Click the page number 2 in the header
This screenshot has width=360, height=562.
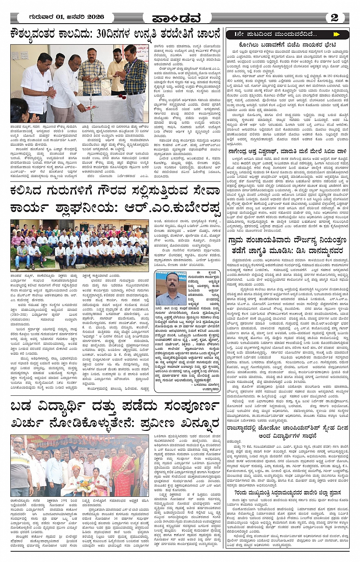(x=334, y=18)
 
